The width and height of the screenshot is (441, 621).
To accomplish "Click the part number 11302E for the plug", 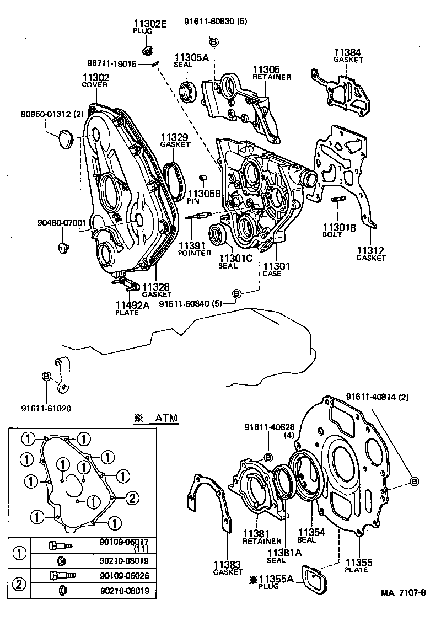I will (149, 23).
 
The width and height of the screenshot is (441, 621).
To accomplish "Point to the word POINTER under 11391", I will (194, 253).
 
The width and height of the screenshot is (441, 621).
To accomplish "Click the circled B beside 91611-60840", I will (236, 294).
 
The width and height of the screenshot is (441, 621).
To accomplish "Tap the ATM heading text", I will (166, 418).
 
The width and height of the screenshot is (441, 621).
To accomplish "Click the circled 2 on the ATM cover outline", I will (132, 498).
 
